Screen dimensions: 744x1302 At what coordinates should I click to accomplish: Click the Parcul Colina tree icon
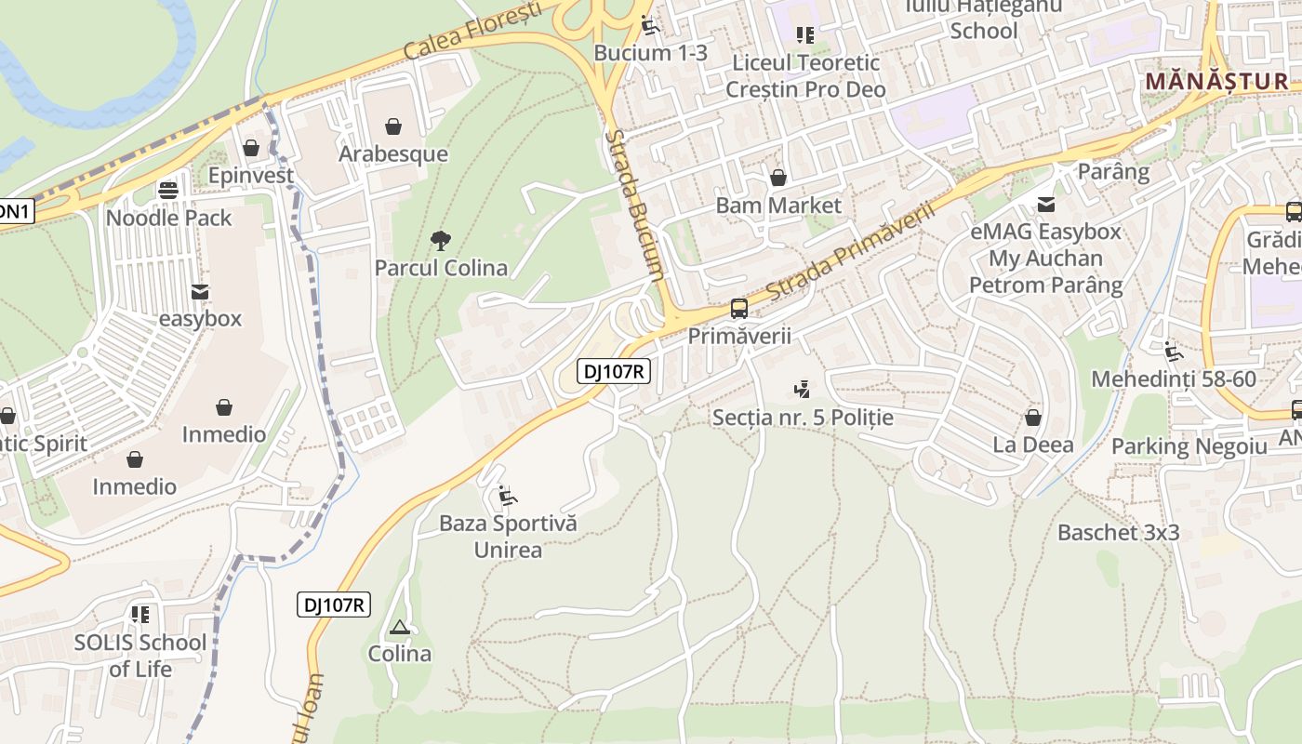coord(441,241)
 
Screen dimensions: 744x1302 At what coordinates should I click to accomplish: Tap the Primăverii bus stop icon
coord(739,308)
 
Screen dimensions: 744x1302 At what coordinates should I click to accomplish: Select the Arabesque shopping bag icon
coord(393,126)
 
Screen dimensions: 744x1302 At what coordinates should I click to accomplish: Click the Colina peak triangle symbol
coord(400,627)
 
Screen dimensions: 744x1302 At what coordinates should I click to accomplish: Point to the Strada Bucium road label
coord(634,205)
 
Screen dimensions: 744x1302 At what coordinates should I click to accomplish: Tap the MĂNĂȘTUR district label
coord(1216,81)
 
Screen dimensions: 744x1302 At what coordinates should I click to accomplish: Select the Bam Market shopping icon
coord(777,178)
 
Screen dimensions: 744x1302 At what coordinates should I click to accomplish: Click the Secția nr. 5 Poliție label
coord(802,418)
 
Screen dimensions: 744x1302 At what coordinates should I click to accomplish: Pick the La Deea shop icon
coord(1032,418)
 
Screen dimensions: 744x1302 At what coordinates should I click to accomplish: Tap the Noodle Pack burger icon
coord(168,191)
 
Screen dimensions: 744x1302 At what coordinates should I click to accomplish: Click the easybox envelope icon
coord(199,292)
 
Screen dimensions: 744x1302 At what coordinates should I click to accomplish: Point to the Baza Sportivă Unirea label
coord(508,536)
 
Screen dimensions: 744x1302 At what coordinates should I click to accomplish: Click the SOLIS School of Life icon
coord(140,615)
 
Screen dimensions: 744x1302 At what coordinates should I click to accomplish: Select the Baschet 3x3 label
coord(1118,533)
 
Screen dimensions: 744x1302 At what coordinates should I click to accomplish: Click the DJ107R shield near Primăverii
coord(614,372)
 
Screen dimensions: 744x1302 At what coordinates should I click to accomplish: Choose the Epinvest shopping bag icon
coord(250,148)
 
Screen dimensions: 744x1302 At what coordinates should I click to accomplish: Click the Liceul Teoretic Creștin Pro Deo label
coord(805,76)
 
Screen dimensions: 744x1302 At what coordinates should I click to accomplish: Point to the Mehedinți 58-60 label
coord(1173,379)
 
